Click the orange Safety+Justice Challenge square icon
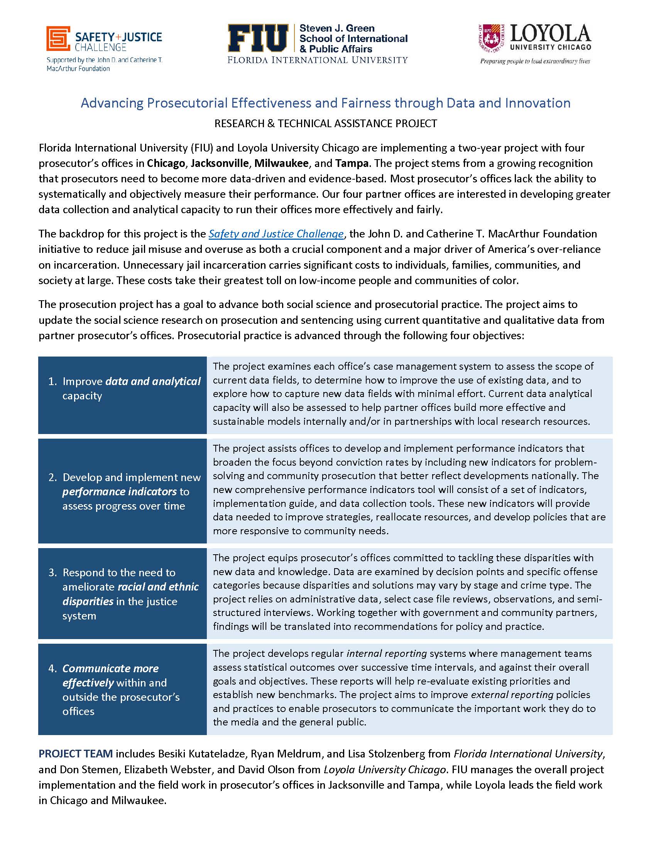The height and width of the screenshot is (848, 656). pos(58,39)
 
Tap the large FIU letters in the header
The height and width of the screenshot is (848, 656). pos(258,39)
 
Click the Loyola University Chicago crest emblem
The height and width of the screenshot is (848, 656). pos(491,39)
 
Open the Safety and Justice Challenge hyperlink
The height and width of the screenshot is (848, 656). pos(276,234)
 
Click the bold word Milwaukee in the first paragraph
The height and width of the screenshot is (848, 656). pos(281,163)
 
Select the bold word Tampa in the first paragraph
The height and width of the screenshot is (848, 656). pos(352,163)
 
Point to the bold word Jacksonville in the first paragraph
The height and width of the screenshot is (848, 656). pos(220,163)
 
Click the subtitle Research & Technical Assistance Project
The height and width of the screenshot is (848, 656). pos(326,123)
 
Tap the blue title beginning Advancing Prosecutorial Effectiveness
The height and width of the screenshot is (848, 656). pos(326,103)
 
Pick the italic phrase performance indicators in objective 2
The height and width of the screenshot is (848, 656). pos(119,491)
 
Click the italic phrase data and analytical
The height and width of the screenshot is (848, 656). pos(153,381)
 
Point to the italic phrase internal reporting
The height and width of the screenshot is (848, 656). pos(387,653)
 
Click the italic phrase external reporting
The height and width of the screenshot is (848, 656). pos(512,695)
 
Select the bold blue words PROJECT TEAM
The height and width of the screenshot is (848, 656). pos(75,754)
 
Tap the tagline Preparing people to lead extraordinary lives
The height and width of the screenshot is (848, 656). pos(535,61)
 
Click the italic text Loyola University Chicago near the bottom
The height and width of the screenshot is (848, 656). pos(385,769)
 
